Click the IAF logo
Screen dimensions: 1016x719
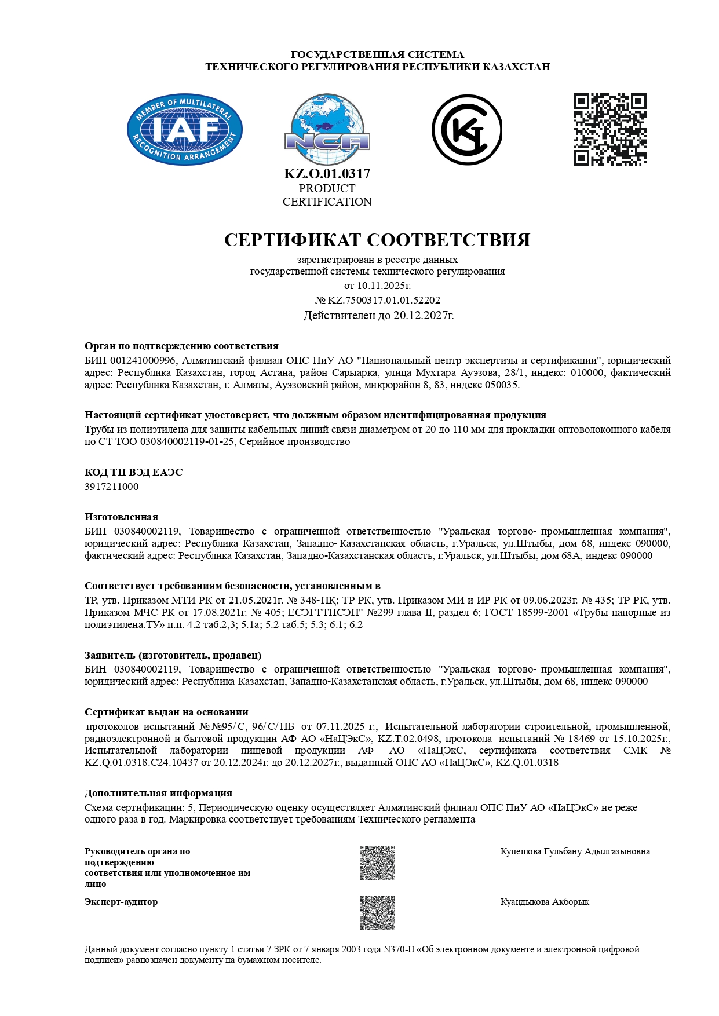(x=184, y=129)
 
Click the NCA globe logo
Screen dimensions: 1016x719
(x=327, y=130)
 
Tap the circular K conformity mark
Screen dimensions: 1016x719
(x=467, y=130)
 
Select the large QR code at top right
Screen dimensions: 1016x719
(x=609, y=129)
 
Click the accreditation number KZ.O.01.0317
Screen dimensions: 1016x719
(x=327, y=174)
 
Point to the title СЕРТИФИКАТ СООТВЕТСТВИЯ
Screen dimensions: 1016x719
(x=377, y=240)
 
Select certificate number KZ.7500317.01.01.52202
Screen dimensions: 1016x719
(x=384, y=300)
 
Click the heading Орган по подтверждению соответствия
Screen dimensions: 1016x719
(x=181, y=346)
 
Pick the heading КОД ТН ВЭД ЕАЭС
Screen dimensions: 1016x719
(x=133, y=472)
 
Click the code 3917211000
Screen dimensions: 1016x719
(x=112, y=487)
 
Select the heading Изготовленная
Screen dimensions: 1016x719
(x=121, y=517)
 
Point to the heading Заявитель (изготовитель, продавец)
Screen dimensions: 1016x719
(x=173, y=655)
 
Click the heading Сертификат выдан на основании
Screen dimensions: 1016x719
(x=166, y=712)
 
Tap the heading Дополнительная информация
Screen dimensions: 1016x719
(x=158, y=793)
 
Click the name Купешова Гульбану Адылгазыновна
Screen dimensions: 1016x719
(x=575, y=851)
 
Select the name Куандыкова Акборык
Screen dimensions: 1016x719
(x=545, y=902)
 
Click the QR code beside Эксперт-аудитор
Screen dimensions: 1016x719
(x=377, y=913)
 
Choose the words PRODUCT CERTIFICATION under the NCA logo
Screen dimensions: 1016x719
(x=327, y=195)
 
